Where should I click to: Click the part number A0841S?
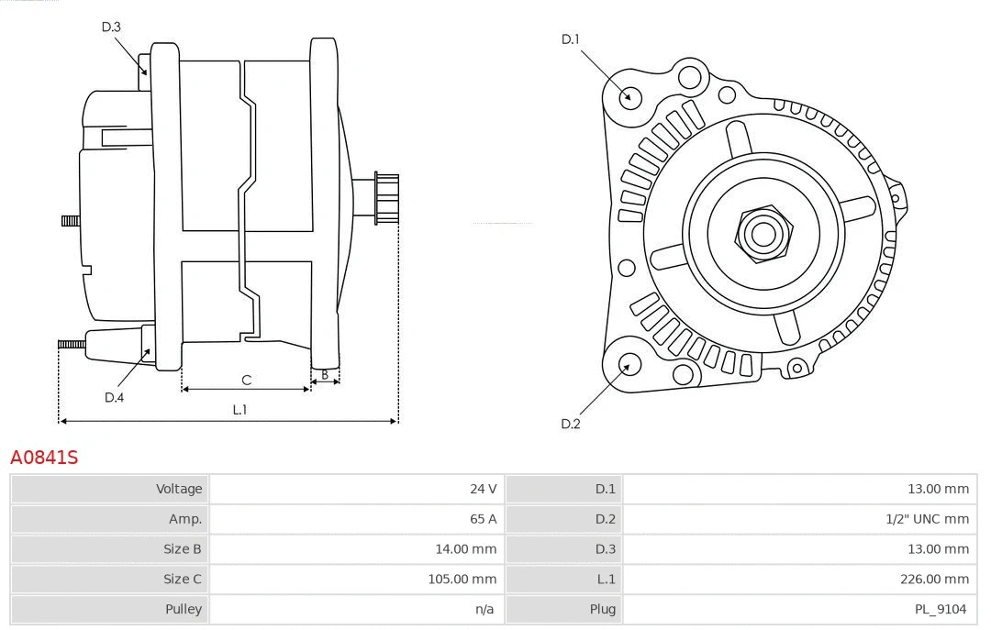(x=44, y=457)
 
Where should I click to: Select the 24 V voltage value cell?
(x=483, y=489)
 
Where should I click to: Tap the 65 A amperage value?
(x=483, y=519)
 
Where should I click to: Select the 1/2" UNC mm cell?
(x=927, y=519)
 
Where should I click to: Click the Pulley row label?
(x=183, y=609)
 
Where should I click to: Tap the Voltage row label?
(x=178, y=489)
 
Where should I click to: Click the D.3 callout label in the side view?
(x=111, y=27)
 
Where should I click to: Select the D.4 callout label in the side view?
(x=114, y=397)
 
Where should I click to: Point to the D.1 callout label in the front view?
(x=571, y=39)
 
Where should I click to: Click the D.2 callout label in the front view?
(x=571, y=424)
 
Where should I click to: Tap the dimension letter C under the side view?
(x=246, y=380)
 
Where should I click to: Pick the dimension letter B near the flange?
(x=325, y=374)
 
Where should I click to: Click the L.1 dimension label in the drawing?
(x=239, y=410)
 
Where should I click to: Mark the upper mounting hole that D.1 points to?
(x=629, y=95)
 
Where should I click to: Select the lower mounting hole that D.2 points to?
(x=629, y=364)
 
